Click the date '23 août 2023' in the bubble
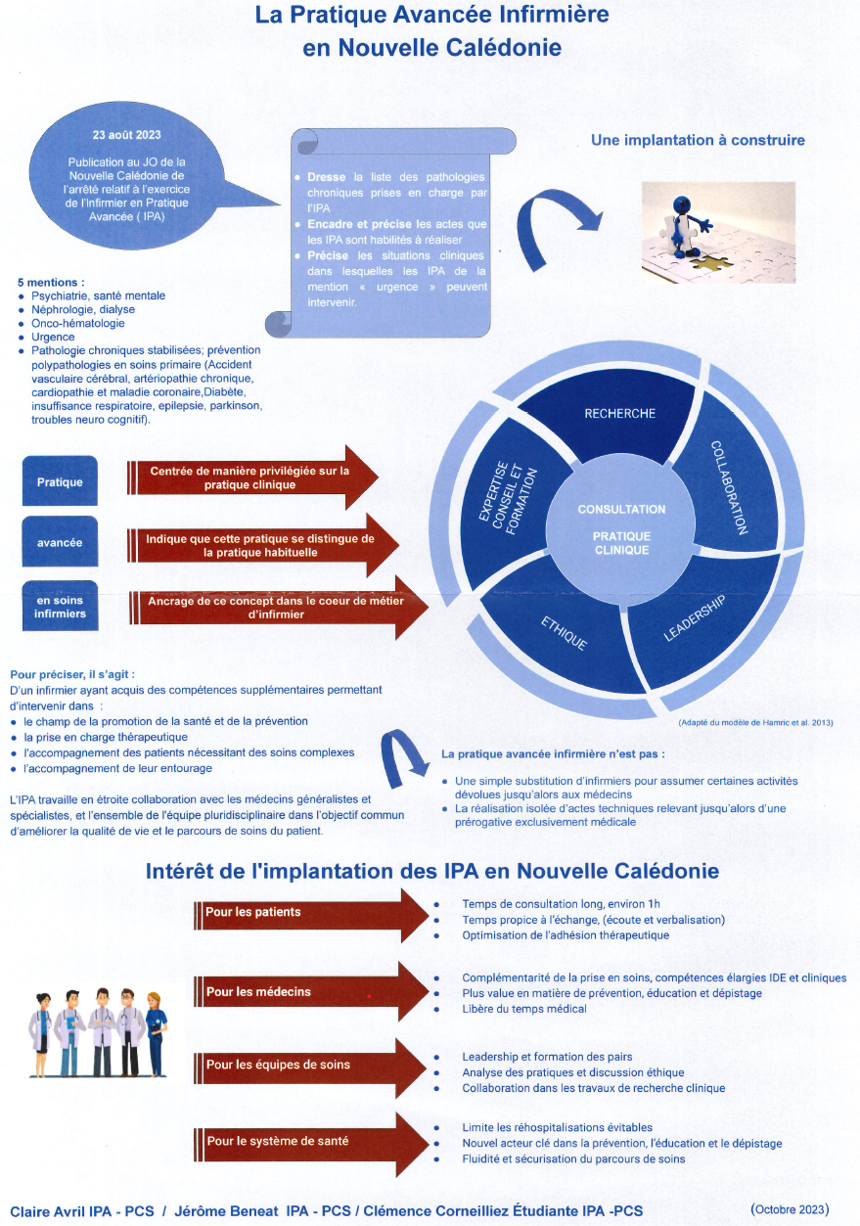[127, 134]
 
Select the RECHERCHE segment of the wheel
[619, 413]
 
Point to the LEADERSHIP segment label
[694, 616]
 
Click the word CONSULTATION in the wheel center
[621, 510]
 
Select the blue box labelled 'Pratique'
[60, 481]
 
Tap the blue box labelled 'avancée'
[60, 542]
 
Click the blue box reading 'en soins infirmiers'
[60, 607]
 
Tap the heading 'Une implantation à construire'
[698, 140]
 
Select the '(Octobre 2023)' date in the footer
[790, 1208]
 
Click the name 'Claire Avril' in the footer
[48, 1210]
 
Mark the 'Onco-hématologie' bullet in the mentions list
[78, 323]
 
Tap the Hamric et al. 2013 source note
[754, 722]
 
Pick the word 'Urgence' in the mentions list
[53, 337]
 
